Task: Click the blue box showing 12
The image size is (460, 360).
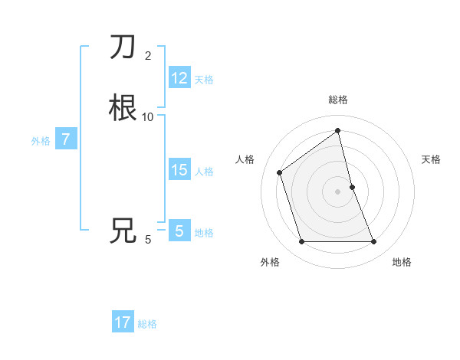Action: pyautogui.click(x=179, y=78)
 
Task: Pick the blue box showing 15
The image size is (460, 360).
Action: pyautogui.click(x=179, y=170)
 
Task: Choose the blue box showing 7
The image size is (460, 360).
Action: pyautogui.click(x=67, y=139)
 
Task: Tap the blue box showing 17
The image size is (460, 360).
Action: pyautogui.click(x=123, y=322)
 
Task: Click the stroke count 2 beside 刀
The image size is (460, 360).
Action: pyautogui.click(x=148, y=55)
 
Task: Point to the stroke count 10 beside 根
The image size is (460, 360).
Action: pyautogui.click(x=148, y=116)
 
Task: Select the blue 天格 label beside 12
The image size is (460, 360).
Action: pyautogui.click(x=204, y=80)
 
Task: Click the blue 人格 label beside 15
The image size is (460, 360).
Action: pyautogui.click(x=205, y=172)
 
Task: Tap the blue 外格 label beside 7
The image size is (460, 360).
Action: pyautogui.click(x=40, y=141)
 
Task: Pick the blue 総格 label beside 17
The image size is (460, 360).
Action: pyautogui.click(x=147, y=324)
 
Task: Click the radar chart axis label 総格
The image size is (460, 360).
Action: pyautogui.click(x=338, y=100)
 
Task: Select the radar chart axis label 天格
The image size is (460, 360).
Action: pyautogui.click(x=432, y=159)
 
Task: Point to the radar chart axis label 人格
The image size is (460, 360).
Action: pyautogui.click(x=245, y=159)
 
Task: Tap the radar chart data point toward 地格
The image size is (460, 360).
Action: pyautogui.click(x=374, y=242)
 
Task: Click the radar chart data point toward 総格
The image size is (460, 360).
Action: pyautogui.click(x=338, y=131)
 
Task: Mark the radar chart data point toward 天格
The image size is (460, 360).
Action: pyautogui.click(x=352, y=187)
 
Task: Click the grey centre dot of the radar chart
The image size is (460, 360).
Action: pyautogui.click(x=338, y=191)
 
